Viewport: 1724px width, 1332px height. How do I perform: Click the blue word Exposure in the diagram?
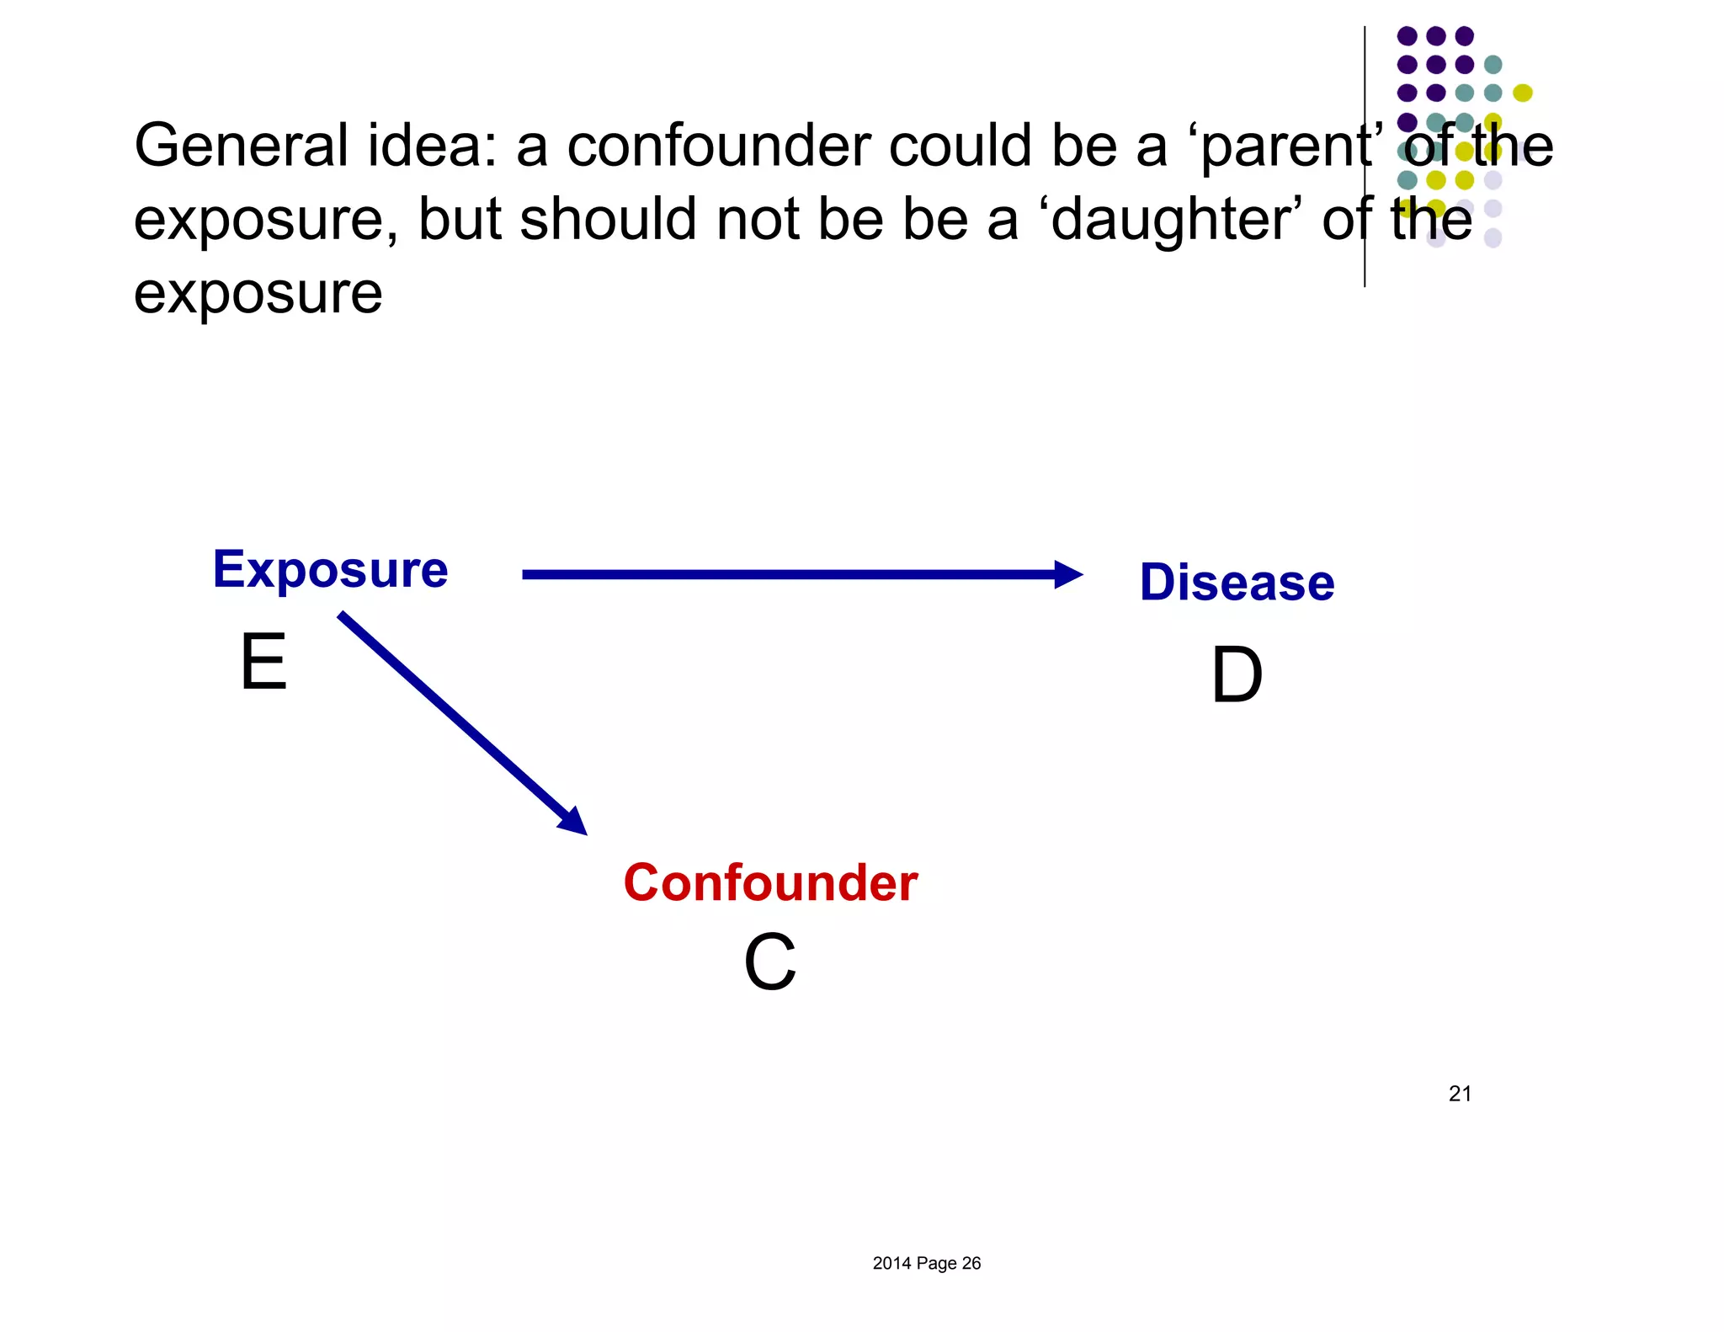click(330, 570)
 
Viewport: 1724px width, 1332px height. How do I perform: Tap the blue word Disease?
click(1237, 582)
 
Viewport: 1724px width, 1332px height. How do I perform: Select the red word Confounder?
click(770, 883)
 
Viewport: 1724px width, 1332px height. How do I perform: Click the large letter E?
click(263, 663)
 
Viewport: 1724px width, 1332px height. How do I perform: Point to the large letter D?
click(1237, 675)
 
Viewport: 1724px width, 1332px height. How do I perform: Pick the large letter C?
click(769, 962)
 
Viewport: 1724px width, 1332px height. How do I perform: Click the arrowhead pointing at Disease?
click(1067, 574)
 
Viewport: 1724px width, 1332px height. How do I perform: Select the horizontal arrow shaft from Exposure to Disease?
click(783, 574)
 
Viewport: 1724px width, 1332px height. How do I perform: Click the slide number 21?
click(1460, 1094)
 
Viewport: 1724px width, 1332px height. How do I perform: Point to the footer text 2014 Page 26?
click(926, 1263)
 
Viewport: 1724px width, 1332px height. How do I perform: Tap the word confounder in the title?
click(719, 146)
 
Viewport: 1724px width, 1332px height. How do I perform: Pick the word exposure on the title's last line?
click(258, 295)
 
